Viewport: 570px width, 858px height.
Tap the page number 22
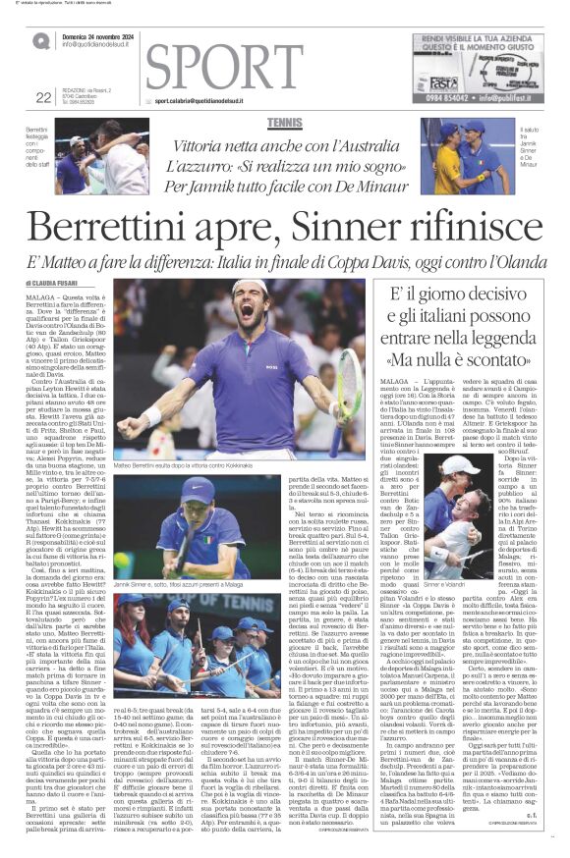[x=42, y=96]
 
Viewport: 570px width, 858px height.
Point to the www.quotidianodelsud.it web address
[x=98, y=45]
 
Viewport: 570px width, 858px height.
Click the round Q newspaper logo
[x=40, y=40]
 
